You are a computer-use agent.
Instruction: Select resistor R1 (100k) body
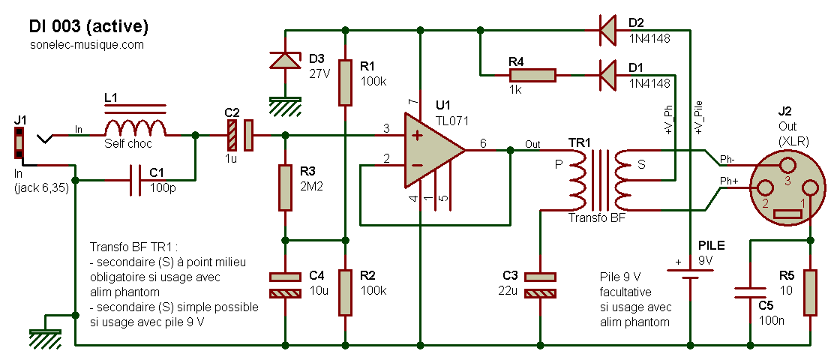click(x=345, y=82)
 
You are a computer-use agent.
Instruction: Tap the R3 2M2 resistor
click(x=285, y=187)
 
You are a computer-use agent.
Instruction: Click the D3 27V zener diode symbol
click(x=285, y=60)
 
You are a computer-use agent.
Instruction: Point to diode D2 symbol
click(x=609, y=30)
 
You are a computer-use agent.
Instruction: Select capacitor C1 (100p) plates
click(x=135, y=180)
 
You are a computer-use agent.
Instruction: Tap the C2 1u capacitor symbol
click(x=240, y=135)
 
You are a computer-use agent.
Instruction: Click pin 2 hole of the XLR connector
click(x=764, y=188)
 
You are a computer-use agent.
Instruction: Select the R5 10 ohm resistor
click(x=810, y=292)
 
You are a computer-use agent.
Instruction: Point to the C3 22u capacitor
click(x=541, y=285)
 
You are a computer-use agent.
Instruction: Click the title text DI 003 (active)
click(x=88, y=25)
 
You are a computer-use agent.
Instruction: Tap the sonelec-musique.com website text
click(x=87, y=45)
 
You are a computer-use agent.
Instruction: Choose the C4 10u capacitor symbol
click(x=285, y=285)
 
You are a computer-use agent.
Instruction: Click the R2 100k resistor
click(x=345, y=292)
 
